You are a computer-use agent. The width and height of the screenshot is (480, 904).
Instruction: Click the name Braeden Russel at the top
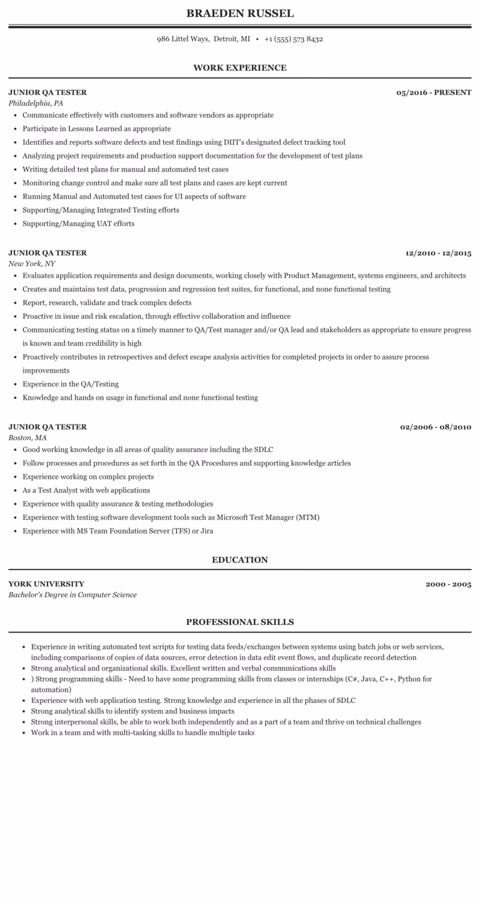click(x=240, y=13)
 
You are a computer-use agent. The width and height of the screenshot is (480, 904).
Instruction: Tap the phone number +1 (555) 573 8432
click(x=293, y=39)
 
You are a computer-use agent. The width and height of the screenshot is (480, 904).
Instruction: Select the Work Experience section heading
click(x=240, y=68)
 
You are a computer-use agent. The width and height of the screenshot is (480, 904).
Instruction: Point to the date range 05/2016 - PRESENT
click(x=434, y=92)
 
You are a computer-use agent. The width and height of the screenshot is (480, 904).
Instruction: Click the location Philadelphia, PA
click(x=35, y=103)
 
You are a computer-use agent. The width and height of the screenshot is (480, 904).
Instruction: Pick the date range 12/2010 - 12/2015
click(x=438, y=253)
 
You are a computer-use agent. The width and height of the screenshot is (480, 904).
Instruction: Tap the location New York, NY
click(x=32, y=264)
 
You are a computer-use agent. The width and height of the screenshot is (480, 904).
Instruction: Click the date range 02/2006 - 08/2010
click(x=436, y=427)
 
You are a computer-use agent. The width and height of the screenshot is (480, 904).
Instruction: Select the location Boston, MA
click(x=28, y=438)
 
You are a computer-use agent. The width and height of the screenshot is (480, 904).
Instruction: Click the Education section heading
click(x=240, y=560)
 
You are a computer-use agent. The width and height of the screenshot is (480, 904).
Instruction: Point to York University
click(x=46, y=584)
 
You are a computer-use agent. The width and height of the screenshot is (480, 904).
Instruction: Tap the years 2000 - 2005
click(x=448, y=584)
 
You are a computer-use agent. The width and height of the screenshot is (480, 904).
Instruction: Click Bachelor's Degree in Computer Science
click(x=73, y=595)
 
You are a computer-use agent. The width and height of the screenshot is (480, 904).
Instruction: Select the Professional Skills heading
click(x=240, y=622)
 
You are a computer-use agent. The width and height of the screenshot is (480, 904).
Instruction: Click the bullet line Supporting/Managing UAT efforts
click(x=78, y=224)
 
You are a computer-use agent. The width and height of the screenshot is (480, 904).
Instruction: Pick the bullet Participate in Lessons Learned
click(x=97, y=128)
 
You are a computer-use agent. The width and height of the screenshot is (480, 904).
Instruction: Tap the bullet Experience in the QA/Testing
click(x=70, y=384)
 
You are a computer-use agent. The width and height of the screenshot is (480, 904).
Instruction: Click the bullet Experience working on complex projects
click(x=88, y=477)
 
